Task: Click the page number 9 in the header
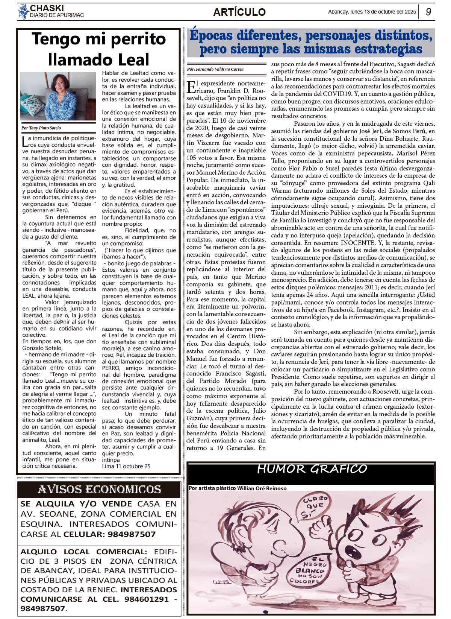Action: pyautogui.click(x=428, y=12)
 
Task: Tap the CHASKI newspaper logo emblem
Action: pyautogui.click(x=24, y=12)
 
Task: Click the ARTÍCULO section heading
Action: pyautogui.click(x=239, y=12)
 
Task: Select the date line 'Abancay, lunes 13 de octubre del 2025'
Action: pyautogui.click(x=372, y=12)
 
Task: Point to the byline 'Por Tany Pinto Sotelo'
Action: pyautogui.click(x=41, y=128)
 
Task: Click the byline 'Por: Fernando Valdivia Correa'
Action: pyautogui.click(x=215, y=69)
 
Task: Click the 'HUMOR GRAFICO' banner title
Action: pyautogui.click(x=312, y=469)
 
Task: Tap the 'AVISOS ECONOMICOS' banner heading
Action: pyautogui.click(x=99, y=490)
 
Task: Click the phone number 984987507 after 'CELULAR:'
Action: pyautogui.click(x=132, y=534)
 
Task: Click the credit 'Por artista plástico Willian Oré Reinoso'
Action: pyautogui.click(x=238, y=488)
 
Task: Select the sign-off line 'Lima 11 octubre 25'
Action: pyautogui.click(x=126, y=466)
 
